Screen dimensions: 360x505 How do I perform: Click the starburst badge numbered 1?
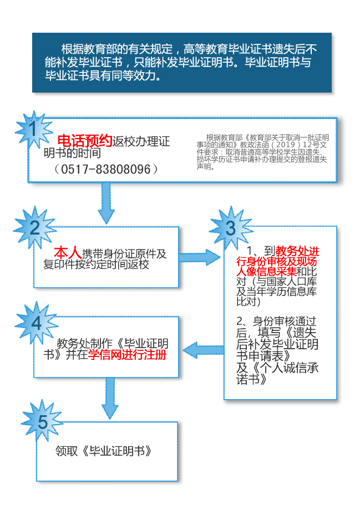(34, 130)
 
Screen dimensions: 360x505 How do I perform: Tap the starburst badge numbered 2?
(35, 228)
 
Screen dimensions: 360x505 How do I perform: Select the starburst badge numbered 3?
(231, 228)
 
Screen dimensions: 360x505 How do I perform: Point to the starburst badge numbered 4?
(36, 323)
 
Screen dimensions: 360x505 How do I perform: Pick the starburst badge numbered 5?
(42, 421)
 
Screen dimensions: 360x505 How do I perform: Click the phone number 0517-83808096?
(106, 169)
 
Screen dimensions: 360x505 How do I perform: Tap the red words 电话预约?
(85, 141)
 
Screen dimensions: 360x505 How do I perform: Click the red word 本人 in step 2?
(68, 252)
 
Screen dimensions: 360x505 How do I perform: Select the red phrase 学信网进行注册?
(128, 355)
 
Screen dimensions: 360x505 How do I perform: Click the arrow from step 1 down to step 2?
(106, 203)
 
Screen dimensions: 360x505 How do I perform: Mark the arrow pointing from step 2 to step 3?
(200, 257)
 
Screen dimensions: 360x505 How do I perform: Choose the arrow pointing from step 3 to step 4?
(204, 350)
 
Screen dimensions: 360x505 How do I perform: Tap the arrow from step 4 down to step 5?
(110, 399)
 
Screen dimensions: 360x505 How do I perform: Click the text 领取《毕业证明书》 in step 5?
(104, 451)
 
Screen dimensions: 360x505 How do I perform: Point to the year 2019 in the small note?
(286, 145)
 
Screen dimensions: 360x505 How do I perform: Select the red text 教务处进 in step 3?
(297, 251)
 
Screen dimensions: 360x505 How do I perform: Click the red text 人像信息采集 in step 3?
(267, 271)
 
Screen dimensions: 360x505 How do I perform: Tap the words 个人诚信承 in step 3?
(289, 368)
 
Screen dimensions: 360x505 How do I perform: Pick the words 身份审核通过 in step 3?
(285, 321)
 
